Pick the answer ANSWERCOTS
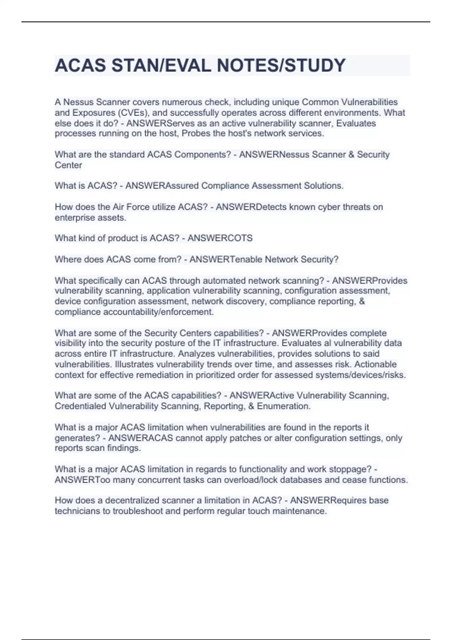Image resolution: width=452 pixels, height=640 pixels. click(220, 238)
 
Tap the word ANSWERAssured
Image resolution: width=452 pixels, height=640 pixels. click(162, 186)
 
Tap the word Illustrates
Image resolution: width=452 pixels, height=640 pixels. click(134, 364)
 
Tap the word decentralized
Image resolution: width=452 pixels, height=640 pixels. click(133, 501)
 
